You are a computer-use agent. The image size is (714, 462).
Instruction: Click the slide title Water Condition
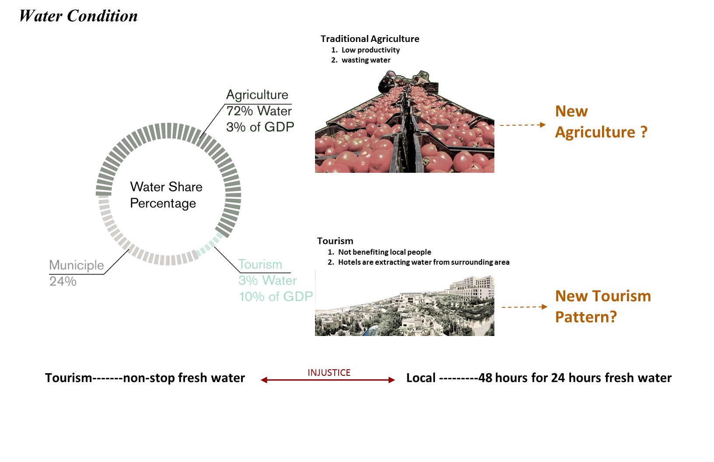click(79, 16)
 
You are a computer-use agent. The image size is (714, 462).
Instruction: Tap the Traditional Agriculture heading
click(370, 39)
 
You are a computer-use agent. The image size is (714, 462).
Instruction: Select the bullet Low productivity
click(370, 50)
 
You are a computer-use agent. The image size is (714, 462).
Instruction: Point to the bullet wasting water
click(366, 60)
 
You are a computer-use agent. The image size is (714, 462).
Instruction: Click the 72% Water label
click(259, 111)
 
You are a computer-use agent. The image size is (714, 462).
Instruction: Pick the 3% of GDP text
click(260, 127)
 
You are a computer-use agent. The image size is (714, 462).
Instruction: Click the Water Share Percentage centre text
click(166, 195)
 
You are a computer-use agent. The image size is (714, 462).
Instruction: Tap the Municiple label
click(77, 265)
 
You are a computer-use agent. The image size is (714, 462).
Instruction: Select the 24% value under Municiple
click(63, 281)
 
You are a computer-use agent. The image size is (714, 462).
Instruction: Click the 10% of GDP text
click(276, 297)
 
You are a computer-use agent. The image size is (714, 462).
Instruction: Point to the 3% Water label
click(267, 280)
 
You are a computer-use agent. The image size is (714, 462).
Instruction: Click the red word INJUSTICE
click(329, 373)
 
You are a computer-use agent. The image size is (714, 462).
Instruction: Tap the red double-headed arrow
click(328, 380)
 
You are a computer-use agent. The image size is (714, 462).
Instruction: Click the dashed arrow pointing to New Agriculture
click(522, 125)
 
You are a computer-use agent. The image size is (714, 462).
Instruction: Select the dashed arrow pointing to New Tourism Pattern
click(524, 307)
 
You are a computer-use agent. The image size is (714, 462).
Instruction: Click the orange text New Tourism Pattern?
click(602, 306)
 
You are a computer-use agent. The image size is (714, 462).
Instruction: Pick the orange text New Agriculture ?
click(601, 122)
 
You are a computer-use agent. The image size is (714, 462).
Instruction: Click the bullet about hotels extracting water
click(423, 262)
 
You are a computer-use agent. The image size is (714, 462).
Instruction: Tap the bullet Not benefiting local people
click(384, 252)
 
